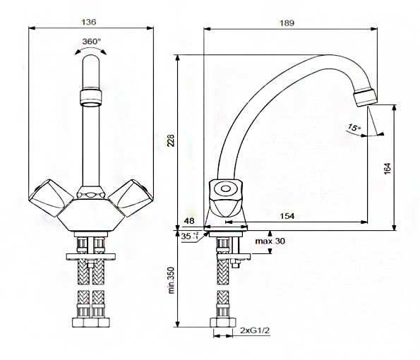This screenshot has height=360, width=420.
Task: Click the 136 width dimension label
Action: (x=89, y=22)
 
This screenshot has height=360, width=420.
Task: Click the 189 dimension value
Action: (x=287, y=23)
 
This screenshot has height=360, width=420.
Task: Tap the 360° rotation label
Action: (x=92, y=42)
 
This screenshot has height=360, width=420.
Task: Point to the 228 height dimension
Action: (x=171, y=140)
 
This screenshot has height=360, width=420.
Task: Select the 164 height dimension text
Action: (x=388, y=169)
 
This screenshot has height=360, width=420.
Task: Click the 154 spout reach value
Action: (x=287, y=216)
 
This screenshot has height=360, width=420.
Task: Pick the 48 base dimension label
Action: (x=189, y=221)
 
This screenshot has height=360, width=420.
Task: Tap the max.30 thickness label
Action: (x=270, y=241)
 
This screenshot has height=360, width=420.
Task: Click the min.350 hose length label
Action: (x=172, y=280)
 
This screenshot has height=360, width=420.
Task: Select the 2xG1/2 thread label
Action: (x=255, y=331)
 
